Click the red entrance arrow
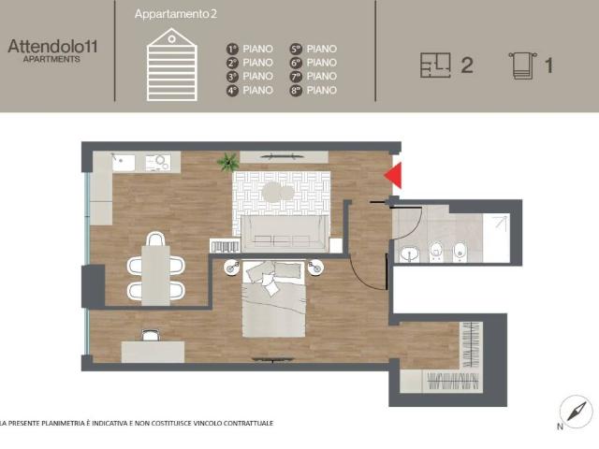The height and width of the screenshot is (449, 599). click(394, 175)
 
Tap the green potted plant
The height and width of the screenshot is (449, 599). click(227, 163)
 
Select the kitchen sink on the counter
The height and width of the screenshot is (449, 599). click(122, 162)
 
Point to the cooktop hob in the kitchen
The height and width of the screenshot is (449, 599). click(163, 162)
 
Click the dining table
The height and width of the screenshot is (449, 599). click(154, 268)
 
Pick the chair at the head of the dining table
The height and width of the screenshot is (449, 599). click(154, 237)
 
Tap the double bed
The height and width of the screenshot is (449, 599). click(274, 299)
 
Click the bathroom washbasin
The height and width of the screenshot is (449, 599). click(409, 253)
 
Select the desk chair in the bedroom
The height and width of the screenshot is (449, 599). click(150, 334)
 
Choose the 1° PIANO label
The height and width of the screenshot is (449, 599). click(250, 49)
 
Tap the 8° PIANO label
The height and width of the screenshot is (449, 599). click(314, 91)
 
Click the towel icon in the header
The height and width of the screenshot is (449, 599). click(521, 65)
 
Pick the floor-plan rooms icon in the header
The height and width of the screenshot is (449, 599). click(437, 65)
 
